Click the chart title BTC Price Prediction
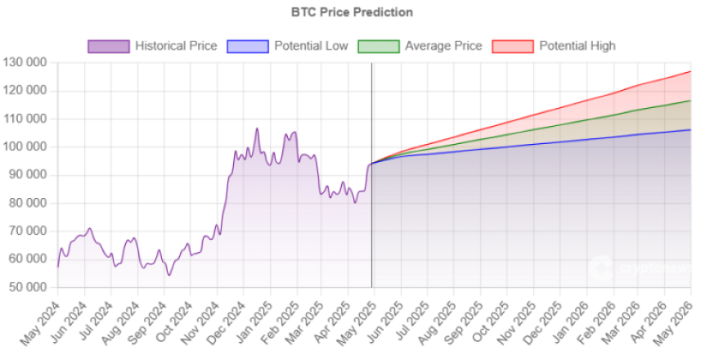352,12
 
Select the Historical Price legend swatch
109,46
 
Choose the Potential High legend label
577,46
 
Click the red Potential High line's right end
691,72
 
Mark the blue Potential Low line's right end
691,129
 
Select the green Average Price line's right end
691,101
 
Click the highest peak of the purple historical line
257,128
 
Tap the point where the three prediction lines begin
371,164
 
